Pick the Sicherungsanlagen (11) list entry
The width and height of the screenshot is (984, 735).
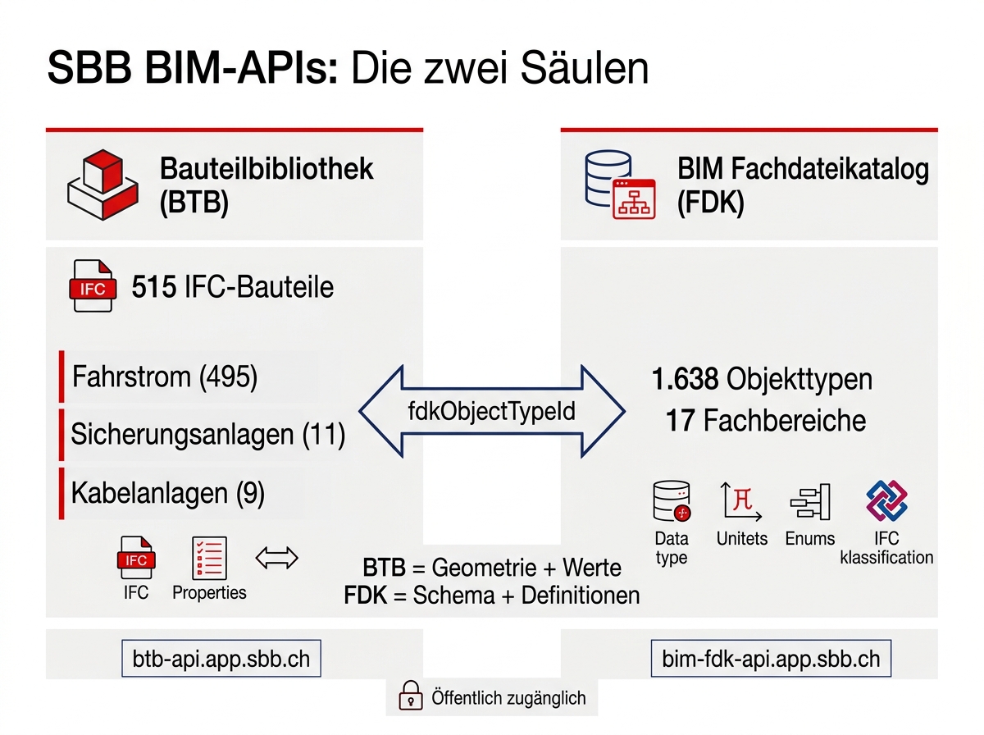207,434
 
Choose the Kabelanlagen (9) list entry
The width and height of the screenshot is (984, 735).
167,493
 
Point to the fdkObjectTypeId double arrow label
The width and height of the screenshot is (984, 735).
491,411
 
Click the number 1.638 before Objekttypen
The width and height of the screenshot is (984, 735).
686,379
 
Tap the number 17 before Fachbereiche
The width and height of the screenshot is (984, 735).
681,421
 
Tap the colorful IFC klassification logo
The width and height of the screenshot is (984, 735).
886,500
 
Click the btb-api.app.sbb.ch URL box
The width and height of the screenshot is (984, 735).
221,659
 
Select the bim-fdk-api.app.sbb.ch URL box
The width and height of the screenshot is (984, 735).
770,659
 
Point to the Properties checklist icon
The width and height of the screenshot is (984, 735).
209,559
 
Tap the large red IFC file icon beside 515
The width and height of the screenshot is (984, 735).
92,286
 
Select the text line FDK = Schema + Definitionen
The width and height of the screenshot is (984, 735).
492,595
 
